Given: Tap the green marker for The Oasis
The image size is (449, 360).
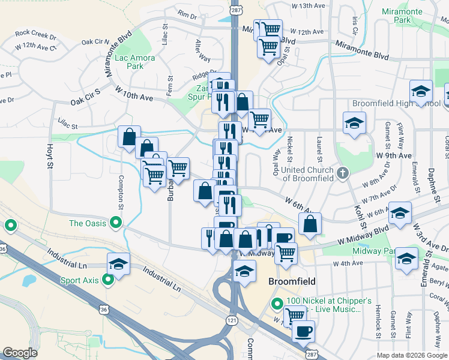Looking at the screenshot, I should [114, 223].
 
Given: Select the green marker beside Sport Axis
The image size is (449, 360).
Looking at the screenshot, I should [108, 280].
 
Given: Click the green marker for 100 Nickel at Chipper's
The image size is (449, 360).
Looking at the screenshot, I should [277, 304].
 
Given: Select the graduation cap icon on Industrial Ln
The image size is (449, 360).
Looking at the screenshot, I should [119, 264].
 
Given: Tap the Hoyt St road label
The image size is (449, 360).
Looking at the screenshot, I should [49, 157].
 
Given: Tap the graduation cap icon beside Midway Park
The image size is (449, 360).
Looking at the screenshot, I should [407, 259].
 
